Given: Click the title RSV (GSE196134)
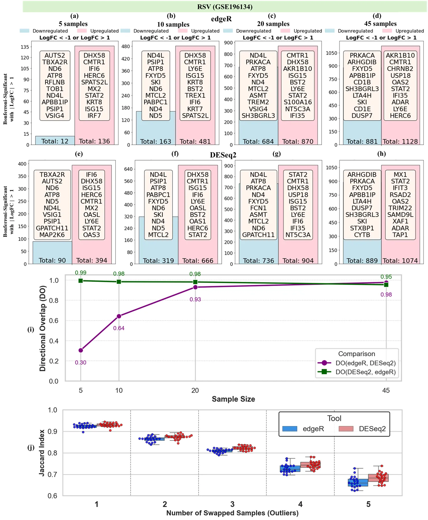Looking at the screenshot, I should [x=225, y=7].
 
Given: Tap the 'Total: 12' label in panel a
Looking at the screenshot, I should [x=55, y=141].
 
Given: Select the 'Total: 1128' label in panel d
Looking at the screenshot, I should [x=400, y=142].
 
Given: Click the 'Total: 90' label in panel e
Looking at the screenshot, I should [x=52, y=261].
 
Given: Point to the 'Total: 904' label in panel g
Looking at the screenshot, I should [x=298, y=261].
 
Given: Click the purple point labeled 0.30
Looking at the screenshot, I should [x=81, y=350].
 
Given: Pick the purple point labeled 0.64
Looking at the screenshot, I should [x=119, y=316].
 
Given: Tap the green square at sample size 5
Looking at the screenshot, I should [x=81, y=280].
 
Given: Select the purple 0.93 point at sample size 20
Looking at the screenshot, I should [x=195, y=287].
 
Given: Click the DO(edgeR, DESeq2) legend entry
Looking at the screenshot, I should [x=365, y=363].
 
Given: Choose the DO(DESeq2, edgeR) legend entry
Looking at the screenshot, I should [x=365, y=372].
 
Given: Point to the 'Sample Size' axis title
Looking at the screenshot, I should [x=233, y=399].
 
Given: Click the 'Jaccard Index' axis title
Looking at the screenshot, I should [x=42, y=453].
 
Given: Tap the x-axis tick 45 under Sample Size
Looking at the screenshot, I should [x=386, y=391].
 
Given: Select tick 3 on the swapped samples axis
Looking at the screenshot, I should [x=232, y=504].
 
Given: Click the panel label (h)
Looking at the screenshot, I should [x=382, y=154].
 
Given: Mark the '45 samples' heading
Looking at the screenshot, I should [x=380, y=24].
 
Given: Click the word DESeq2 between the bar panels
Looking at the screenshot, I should [x=223, y=155].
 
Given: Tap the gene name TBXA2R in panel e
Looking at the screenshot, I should [x=52, y=175].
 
